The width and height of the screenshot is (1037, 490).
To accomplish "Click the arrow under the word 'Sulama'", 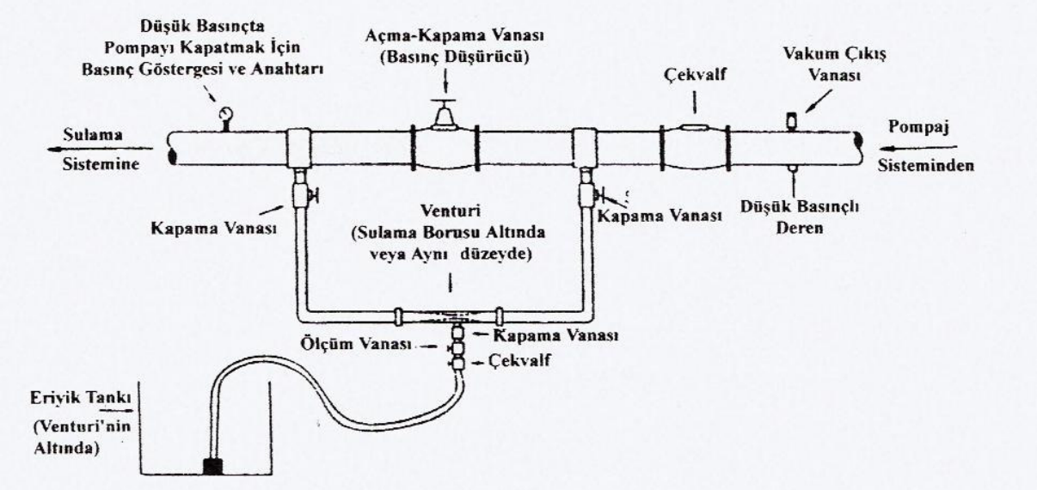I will pos(85,143).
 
